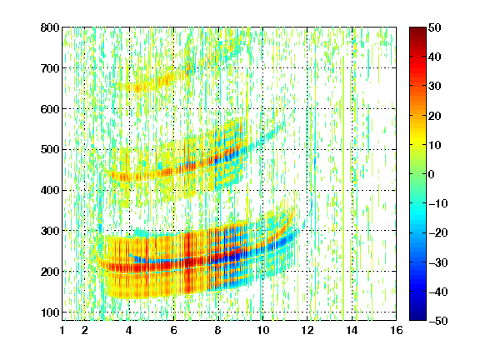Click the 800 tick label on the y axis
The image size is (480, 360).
[50, 27]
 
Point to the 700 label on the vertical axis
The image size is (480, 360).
[50, 68]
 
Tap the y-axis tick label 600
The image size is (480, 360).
[50, 109]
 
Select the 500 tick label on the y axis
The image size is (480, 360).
[50, 150]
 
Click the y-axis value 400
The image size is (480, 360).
[50, 190]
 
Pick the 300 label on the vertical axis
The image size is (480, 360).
[50, 231]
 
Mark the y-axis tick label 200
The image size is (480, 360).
[50, 272]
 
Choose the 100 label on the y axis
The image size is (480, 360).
[50, 312]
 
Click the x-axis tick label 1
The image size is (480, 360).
[62, 330]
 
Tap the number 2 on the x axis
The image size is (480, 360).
[85, 330]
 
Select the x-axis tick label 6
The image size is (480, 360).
[174, 330]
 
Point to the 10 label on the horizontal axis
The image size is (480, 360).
[262, 330]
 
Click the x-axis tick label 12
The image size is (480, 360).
[307, 330]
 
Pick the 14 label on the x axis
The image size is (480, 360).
[352, 330]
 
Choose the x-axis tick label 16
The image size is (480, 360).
[397, 330]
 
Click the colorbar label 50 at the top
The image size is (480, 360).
[435, 27]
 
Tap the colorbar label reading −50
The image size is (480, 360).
[438, 321]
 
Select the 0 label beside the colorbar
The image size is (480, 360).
[432, 174]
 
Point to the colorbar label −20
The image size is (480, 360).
[438, 233]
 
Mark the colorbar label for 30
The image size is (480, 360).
[435, 87]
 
